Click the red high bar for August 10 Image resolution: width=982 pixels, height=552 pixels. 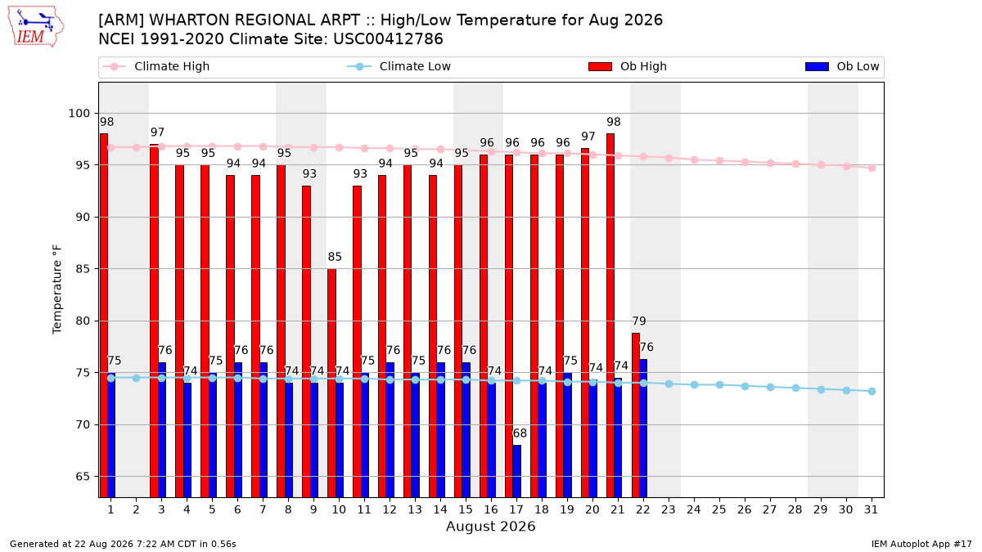(332, 383)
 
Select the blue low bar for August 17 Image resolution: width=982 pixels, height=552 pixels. (517, 471)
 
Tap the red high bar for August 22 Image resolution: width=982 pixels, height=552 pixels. (636, 415)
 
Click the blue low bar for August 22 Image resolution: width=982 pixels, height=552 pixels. (643, 428)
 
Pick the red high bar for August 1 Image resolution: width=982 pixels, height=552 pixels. (104, 316)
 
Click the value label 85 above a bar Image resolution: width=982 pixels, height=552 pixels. (335, 257)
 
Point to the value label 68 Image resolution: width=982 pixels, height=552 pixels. (520, 433)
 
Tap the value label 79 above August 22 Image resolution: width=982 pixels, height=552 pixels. (639, 321)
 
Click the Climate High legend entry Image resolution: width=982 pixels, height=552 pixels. (155, 66)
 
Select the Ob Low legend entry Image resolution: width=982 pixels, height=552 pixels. (842, 66)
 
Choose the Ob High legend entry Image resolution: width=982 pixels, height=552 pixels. (628, 66)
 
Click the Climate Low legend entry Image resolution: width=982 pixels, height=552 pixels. (399, 66)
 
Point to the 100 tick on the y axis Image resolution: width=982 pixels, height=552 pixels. (79, 114)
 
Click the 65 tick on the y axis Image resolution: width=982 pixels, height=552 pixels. (83, 477)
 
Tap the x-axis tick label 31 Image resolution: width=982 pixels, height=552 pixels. (871, 510)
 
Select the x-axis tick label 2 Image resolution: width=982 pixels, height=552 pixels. (137, 510)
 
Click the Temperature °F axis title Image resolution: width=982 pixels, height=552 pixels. (57, 289)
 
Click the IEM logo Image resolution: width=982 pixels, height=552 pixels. (36, 26)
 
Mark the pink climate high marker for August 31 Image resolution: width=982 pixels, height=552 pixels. (872, 168)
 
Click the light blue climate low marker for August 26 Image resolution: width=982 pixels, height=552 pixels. (746, 386)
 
